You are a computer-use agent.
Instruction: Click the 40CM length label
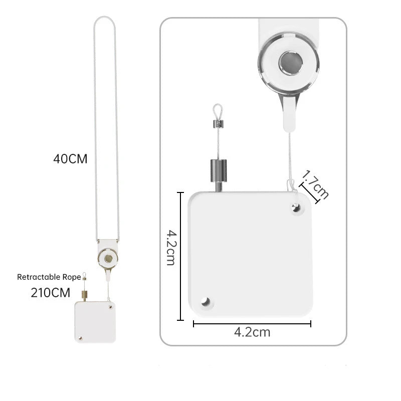coord(70,159)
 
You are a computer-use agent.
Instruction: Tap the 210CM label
coord(51,293)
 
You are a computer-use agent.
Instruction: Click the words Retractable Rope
coord(49,277)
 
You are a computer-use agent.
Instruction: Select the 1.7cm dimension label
coord(316,184)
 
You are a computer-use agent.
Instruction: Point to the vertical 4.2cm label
coord(171,248)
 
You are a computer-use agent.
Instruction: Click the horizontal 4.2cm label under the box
coord(252,332)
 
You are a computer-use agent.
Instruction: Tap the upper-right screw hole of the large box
coord(296,208)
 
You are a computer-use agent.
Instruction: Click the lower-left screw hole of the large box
coord(206,302)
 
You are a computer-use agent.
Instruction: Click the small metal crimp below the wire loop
coord(218,124)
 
